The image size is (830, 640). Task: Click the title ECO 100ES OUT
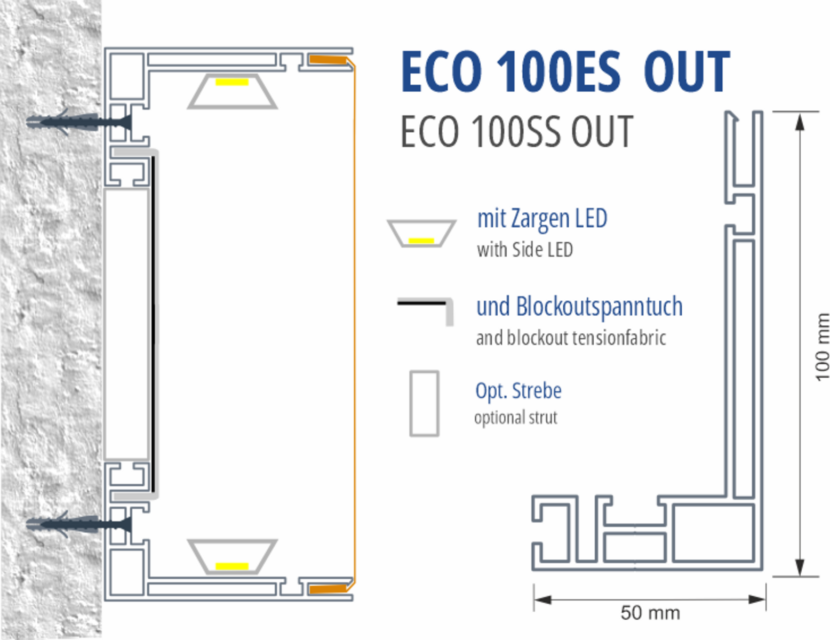565,72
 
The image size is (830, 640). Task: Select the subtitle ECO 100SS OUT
517,132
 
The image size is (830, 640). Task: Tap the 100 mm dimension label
822,347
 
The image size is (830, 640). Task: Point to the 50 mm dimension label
650,613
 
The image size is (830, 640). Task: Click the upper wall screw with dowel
79,122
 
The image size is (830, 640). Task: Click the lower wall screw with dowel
79,524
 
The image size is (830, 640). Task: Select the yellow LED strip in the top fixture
232,82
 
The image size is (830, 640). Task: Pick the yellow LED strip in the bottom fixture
232,566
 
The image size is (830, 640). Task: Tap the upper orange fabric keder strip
328,60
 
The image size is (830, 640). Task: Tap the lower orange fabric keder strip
328,589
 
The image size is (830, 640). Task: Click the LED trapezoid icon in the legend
421,233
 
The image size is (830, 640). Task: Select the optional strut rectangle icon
424,403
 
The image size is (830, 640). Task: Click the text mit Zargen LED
542,219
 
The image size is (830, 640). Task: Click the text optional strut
516,418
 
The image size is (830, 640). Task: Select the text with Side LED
525,250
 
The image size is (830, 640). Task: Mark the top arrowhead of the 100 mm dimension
800,122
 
